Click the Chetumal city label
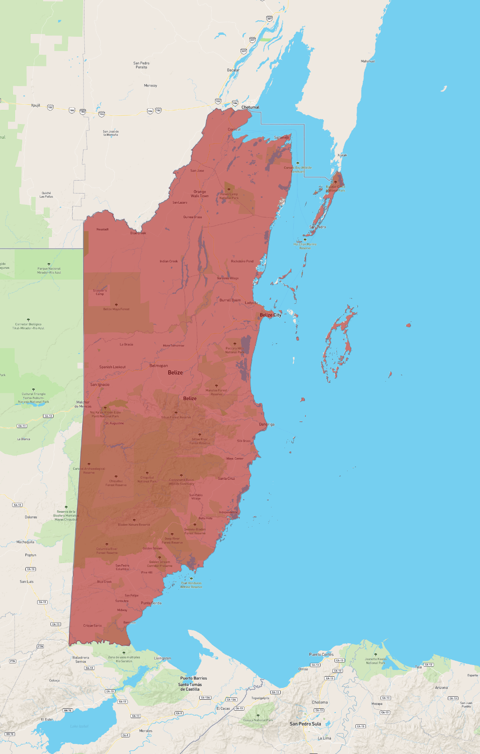[250, 107]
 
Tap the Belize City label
[270, 315]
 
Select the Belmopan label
[159, 366]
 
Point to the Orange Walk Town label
[200, 194]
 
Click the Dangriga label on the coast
[267, 424]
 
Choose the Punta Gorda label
[151, 603]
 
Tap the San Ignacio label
[100, 385]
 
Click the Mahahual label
[368, 61]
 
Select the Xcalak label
[342, 155]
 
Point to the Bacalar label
[233, 70]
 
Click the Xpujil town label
[36, 105]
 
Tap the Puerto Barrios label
[193, 678]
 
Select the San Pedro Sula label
[305, 724]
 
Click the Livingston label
[163, 658]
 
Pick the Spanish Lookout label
[112, 367]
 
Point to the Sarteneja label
[281, 138]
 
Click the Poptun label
[30, 555]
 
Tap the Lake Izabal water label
[79, 726]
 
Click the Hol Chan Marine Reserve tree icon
[305, 240]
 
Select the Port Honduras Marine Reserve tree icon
[191, 579]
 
